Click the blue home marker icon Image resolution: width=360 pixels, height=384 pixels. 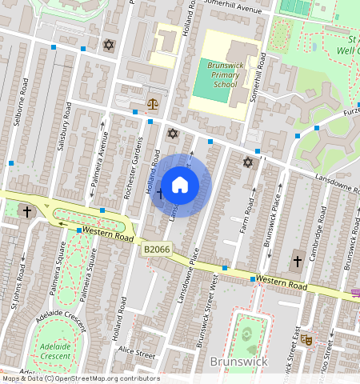point(180,185)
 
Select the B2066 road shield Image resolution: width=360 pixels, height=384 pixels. point(157,250)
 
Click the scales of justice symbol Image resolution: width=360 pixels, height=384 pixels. point(153,104)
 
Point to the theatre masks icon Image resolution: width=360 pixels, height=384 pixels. point(306,339)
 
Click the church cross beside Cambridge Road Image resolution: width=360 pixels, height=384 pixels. point(297,261)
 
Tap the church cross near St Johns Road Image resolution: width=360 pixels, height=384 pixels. point(27,211)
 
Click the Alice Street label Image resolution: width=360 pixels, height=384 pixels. point(134,350)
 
